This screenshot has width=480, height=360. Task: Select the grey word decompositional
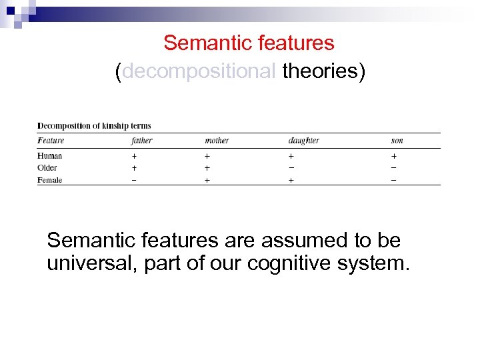coord(199,71)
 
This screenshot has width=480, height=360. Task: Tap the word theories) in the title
coord(324,71)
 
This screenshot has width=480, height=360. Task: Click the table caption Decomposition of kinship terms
coord(94,125)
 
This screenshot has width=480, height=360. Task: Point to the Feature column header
coord(51,141)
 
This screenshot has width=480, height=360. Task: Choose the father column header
coord(142,141)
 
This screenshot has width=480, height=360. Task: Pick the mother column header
coord(217,141)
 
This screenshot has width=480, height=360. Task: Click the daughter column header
coord(303,141)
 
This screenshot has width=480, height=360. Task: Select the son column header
coord(397,141)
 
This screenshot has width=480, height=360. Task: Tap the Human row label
coord(50,155)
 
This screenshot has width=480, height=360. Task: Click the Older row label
coord(47,167)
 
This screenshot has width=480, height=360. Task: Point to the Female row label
coord(50,180)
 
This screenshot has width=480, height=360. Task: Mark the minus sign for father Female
coord(134,180)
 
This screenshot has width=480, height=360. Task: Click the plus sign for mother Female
coord(207,180)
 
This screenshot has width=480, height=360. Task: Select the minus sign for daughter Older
coord(290,167)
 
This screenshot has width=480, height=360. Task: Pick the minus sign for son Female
coord(393,180)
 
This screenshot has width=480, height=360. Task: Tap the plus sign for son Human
coord(393,155)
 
